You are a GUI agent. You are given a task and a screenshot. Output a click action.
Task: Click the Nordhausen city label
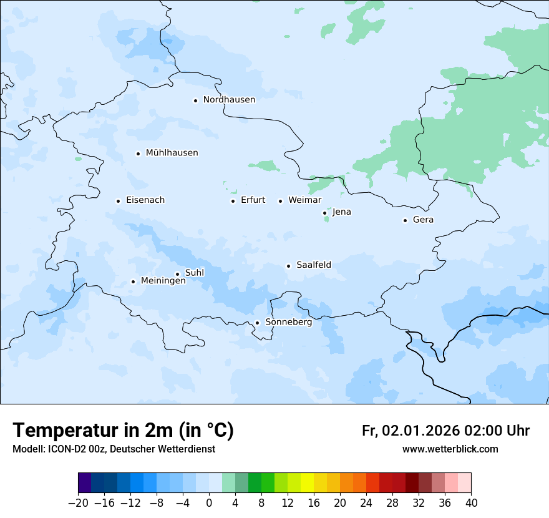(229, 100)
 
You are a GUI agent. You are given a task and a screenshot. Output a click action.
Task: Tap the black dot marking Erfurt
(233, 201)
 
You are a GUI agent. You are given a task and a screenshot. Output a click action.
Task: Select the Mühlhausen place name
(172, 153)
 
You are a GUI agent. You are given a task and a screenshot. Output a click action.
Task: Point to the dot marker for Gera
(405, 220)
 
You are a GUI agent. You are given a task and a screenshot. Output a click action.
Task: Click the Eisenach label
(145, 200)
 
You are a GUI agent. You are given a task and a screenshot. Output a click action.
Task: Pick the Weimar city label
(304, 200)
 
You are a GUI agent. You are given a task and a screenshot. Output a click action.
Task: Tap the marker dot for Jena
(324, 213)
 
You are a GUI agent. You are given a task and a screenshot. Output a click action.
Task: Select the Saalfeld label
(314, 265)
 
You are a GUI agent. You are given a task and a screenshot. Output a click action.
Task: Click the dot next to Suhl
(177, 274)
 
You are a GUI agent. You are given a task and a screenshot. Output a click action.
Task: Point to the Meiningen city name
(163, 281)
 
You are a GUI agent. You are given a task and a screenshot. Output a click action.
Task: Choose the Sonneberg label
(288, 323)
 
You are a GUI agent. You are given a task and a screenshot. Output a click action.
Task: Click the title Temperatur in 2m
(124, 430)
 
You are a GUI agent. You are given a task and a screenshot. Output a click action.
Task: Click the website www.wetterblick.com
(450, 449)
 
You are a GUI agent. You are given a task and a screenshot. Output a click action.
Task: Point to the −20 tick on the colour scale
(78, 503)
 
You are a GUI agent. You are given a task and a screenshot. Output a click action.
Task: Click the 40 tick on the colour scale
(471, 503)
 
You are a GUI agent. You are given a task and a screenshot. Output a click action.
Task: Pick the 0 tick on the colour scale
(209, 503)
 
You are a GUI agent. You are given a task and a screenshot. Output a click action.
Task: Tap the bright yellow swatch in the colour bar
(307, 483)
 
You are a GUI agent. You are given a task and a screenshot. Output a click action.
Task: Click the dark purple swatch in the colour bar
(84, 483)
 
